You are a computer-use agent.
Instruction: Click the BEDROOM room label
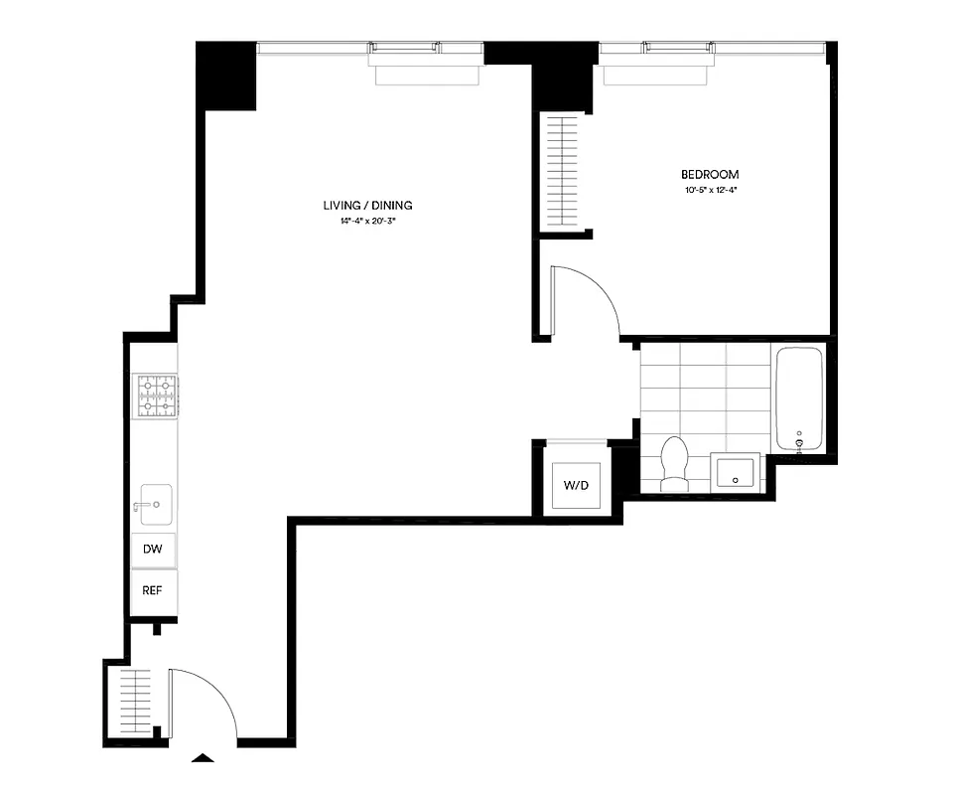coord(710,174)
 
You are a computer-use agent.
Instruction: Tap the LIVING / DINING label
coord(367,206)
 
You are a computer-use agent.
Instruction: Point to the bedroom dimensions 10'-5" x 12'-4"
coord(710,190)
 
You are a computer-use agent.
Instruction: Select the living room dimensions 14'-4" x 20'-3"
coord(367,221)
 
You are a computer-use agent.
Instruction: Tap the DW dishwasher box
coord(154,549)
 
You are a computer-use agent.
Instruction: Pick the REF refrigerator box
coord(153,589)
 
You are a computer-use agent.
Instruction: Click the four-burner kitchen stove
coord(156,397)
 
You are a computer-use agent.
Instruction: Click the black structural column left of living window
coord(227,77)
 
